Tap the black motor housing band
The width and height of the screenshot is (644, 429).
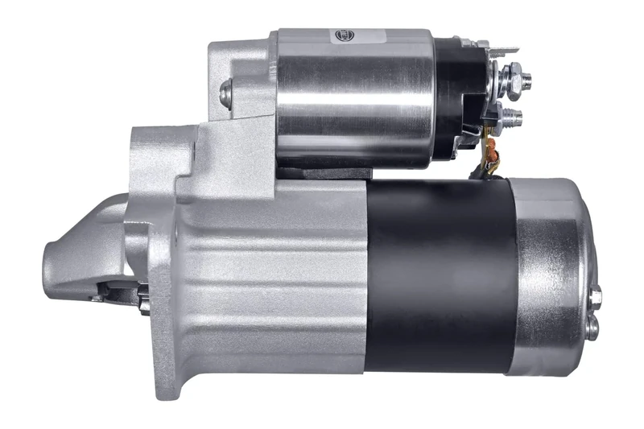(x=439, y=274)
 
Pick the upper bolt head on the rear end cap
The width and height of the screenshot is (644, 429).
(x=595, y=295)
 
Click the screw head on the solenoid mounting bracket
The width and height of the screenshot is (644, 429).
(x=225, y=93)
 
